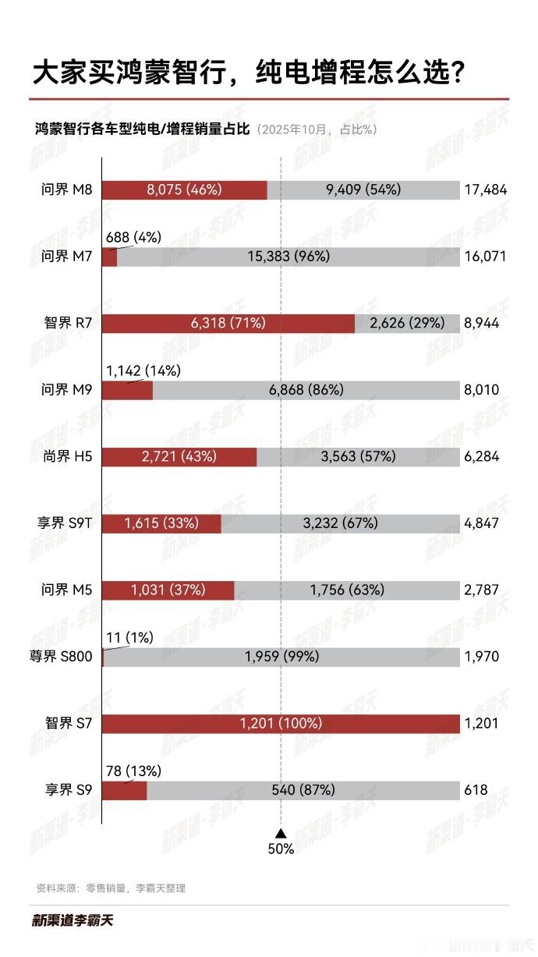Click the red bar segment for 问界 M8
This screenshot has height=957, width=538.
point(185,190)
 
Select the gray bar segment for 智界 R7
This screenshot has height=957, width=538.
point(406,323)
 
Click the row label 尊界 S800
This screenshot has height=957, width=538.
point(61,657)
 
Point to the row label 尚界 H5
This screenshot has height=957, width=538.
point(68,456)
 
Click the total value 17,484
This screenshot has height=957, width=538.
point(484,190)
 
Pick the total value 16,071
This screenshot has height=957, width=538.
point(484,256)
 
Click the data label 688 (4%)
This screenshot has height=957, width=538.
point(133,237)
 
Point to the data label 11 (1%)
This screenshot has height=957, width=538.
point(130,637)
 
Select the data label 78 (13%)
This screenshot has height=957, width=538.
point(133,771)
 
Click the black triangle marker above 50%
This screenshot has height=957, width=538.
point(281,833)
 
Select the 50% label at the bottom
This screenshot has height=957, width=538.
point(281,849)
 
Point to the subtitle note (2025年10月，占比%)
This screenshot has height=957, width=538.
point(317,129)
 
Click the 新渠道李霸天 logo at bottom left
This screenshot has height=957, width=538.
point(73,920)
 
